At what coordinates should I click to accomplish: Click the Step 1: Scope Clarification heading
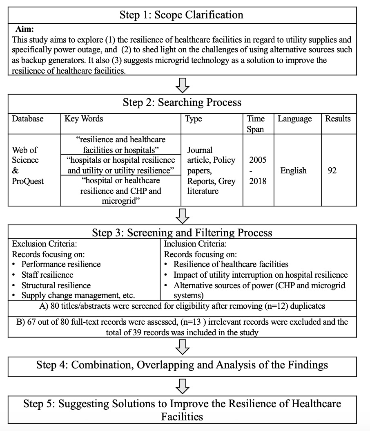point(181,15)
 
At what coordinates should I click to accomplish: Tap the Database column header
point(27,119)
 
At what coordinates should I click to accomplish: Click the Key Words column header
point(84,119)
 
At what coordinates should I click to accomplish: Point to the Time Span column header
point(256,123)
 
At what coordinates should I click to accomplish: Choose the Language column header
point(294,119)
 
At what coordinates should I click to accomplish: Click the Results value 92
point(332,170)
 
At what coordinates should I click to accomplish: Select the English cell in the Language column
point(293,170)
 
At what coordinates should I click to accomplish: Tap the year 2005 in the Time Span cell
point(257,159)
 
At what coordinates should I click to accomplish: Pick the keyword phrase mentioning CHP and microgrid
point(120,190)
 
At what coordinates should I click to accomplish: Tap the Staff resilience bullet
point(47,275)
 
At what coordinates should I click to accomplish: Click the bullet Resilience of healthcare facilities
point(231,265)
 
